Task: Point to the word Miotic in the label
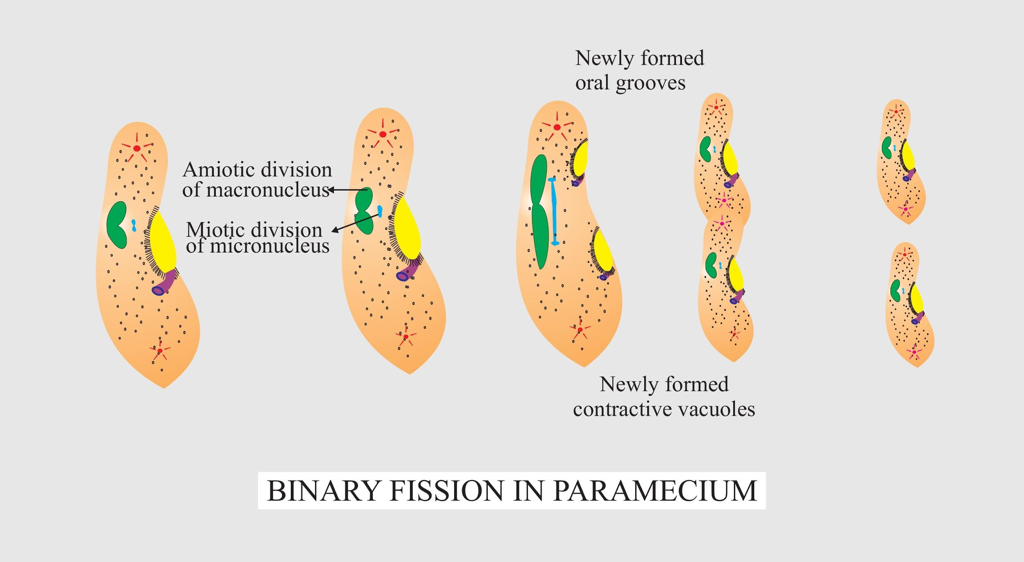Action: click(x=213, y=230)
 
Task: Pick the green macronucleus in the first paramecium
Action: click(x=116, y=225)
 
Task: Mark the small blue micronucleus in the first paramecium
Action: click(x=134, y=225)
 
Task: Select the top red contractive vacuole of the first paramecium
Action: click(x=137, y=148)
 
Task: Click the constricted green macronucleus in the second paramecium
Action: click(x=364, y=210)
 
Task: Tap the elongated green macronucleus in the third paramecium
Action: click(x=539, y=211)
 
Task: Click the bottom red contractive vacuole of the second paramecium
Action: click(x=406, y=337)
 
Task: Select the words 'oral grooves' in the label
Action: click(x=630, y=83)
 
